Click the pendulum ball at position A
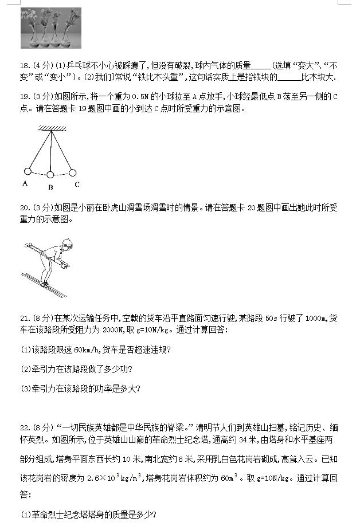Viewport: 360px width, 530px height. click(27, 171)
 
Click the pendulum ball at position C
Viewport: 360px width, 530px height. click(73, 171)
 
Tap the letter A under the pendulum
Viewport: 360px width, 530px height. click(25, 183)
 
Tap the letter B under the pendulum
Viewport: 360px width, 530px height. click(50, 187)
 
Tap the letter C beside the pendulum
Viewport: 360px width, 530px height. click(77, 184)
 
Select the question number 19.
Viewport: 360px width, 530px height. click(25, 97)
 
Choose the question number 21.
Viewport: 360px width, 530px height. click(25, 318)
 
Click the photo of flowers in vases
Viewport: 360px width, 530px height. click(50, 28)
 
